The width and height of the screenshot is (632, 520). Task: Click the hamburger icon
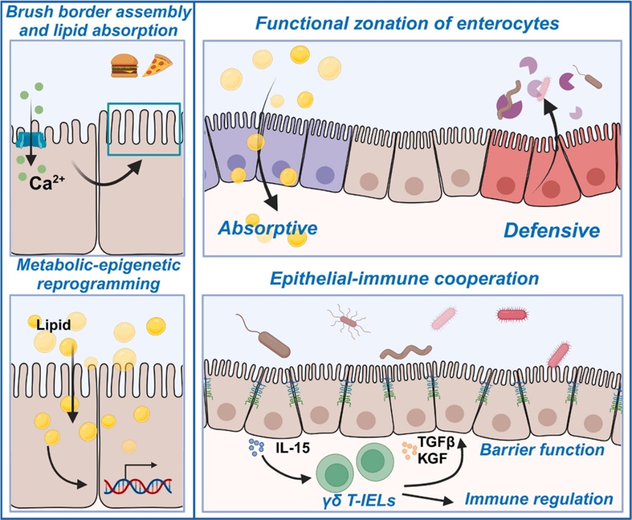point(124,66)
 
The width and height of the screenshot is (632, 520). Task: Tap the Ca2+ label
point(47,183)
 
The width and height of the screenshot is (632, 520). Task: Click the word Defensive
point(552,230)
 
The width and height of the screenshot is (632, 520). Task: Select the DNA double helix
point(138,486)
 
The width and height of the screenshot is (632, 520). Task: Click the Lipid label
point(53,325)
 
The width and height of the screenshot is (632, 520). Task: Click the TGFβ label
point(435,443)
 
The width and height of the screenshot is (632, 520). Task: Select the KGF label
point(432,459)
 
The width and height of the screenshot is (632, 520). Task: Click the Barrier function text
point(542,450)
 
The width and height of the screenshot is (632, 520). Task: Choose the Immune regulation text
point(539,499)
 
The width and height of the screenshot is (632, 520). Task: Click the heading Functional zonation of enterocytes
point(407,23)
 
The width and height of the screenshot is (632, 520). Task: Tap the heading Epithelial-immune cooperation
point(404,279)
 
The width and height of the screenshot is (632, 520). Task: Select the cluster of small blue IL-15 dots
point(256,446)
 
